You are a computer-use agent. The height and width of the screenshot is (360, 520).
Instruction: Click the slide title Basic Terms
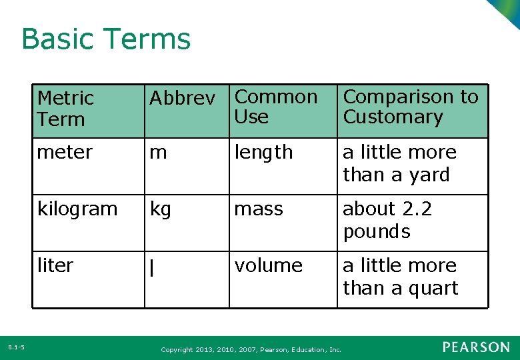[x=106, y=39]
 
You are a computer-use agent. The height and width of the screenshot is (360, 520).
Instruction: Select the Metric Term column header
[x=65, y=109]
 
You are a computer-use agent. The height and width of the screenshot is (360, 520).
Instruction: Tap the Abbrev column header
[x=182, y=99]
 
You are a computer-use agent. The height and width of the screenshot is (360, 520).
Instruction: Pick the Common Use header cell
[x=276, y=107]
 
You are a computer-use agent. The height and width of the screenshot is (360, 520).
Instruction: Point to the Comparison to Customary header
[x=410, y=107]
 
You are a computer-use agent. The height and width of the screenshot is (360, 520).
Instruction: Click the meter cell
[x=65, y=152]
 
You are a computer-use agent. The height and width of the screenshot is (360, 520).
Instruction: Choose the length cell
[x=263, y=152]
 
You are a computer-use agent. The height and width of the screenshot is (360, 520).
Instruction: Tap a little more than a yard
[x=399, y=163]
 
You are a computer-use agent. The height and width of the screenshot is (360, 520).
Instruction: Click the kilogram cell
[x=77, y=209]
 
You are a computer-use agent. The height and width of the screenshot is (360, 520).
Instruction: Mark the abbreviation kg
[x=161, y=209]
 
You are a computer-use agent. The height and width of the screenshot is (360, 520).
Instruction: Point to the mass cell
[x=259, y=209]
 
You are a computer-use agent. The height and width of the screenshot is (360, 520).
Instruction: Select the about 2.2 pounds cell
[x=387, y=220]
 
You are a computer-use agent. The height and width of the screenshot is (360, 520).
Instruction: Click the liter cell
[x=55, y=265]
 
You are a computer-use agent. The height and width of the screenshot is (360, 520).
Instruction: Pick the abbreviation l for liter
[x=153, y=268]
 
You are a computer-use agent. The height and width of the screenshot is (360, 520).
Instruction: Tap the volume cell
[x=268, y=265]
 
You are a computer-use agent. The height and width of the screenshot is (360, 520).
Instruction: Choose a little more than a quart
[x=400, y=277]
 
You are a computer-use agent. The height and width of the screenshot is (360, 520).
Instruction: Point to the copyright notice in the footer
[x=251, y=349]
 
